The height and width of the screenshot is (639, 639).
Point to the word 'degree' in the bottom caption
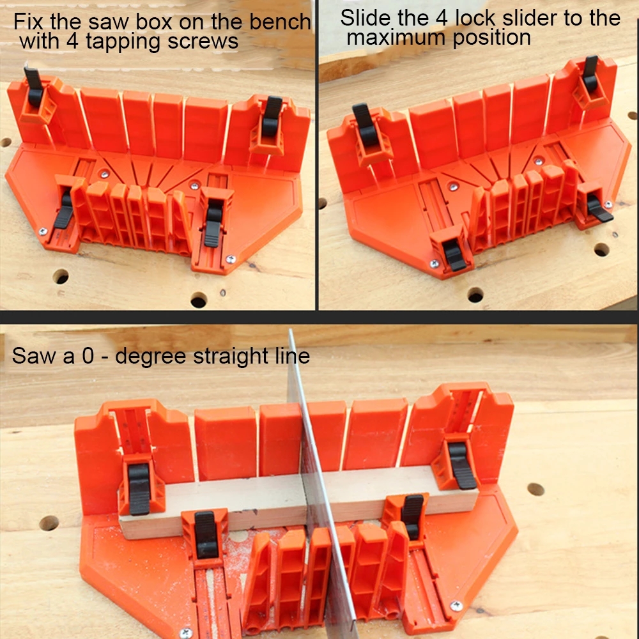click(153, 355)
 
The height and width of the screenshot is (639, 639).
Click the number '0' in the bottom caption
click(88, 355)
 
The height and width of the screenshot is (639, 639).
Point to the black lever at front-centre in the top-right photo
click(454, 254)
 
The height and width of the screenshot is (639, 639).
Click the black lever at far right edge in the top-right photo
click(599, 210)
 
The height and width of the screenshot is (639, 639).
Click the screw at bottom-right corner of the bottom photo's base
click(456, 605)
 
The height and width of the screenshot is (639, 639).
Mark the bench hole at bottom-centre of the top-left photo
click(199, 299)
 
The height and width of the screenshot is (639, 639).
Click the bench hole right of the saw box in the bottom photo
click(535, 489)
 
